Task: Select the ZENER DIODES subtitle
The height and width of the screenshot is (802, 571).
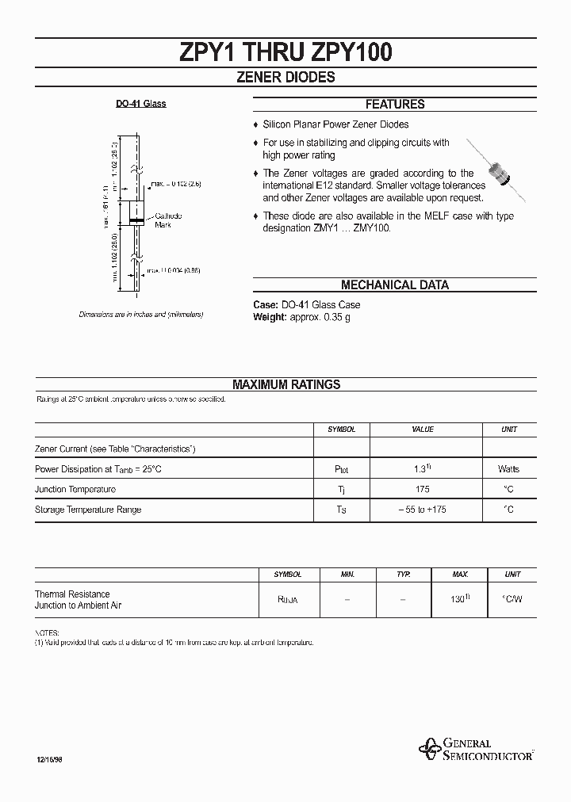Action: (x=286, y=78)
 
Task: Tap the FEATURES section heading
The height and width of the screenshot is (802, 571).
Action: (x=394, y=105)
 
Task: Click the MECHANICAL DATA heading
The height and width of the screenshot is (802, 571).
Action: (x=394, y=285)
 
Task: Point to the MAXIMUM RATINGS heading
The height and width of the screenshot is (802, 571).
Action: (x=286, y=384)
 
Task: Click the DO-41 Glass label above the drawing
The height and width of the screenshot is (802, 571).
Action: (x=141, y=105)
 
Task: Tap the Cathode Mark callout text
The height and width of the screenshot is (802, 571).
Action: (x=167, y=220)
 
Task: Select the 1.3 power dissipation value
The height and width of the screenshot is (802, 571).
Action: (x=422, y=469)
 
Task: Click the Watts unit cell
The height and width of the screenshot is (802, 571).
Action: (x=509, y=469)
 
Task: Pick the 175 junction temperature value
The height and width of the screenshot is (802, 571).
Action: (x=422, y=490)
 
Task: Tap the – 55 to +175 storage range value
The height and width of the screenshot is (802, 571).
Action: (x=422, y=510)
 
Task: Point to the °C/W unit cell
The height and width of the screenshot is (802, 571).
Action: (x=513, y=600)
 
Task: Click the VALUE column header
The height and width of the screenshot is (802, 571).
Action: (x=423, y=429)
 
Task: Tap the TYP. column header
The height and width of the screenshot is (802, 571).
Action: (x=403, y=574)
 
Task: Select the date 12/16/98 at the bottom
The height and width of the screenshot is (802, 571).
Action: (x=48, y=759)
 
